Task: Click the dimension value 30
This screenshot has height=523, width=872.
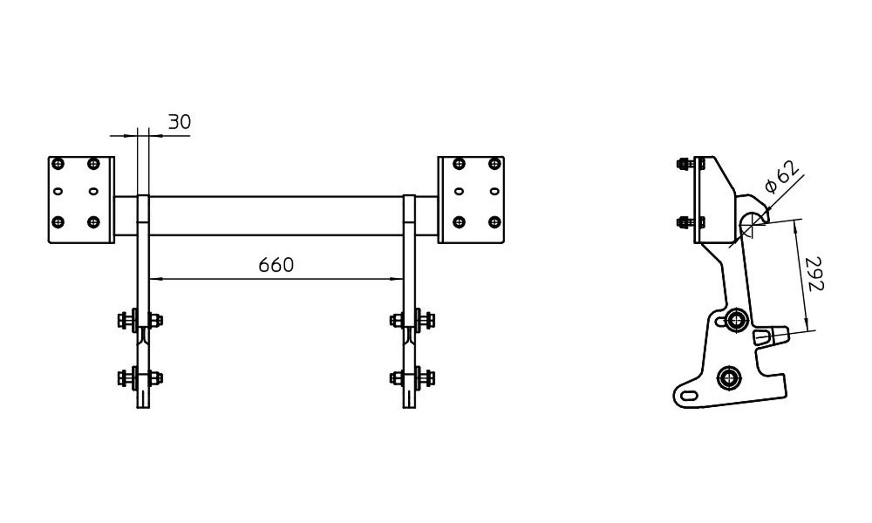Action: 180,122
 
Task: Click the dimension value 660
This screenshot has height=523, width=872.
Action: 276,265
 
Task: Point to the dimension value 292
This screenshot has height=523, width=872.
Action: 813,274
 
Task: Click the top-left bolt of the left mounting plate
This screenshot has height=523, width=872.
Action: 58,163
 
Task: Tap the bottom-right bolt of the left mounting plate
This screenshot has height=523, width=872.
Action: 93,222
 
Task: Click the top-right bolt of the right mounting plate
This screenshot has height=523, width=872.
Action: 494,163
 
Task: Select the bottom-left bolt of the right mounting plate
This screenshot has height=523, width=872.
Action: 459,222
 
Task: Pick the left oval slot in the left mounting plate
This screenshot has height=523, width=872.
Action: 58,192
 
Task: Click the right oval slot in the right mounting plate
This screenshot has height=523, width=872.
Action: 495,192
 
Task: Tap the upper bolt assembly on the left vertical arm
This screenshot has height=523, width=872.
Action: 140,320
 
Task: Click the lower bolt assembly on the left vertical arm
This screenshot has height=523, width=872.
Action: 140,378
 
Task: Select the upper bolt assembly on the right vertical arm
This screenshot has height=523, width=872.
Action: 412,320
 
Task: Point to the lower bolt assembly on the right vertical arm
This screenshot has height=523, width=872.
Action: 412,378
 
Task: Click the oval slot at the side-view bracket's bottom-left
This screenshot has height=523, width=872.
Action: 689,395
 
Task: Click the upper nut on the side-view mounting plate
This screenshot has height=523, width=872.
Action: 683,163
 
